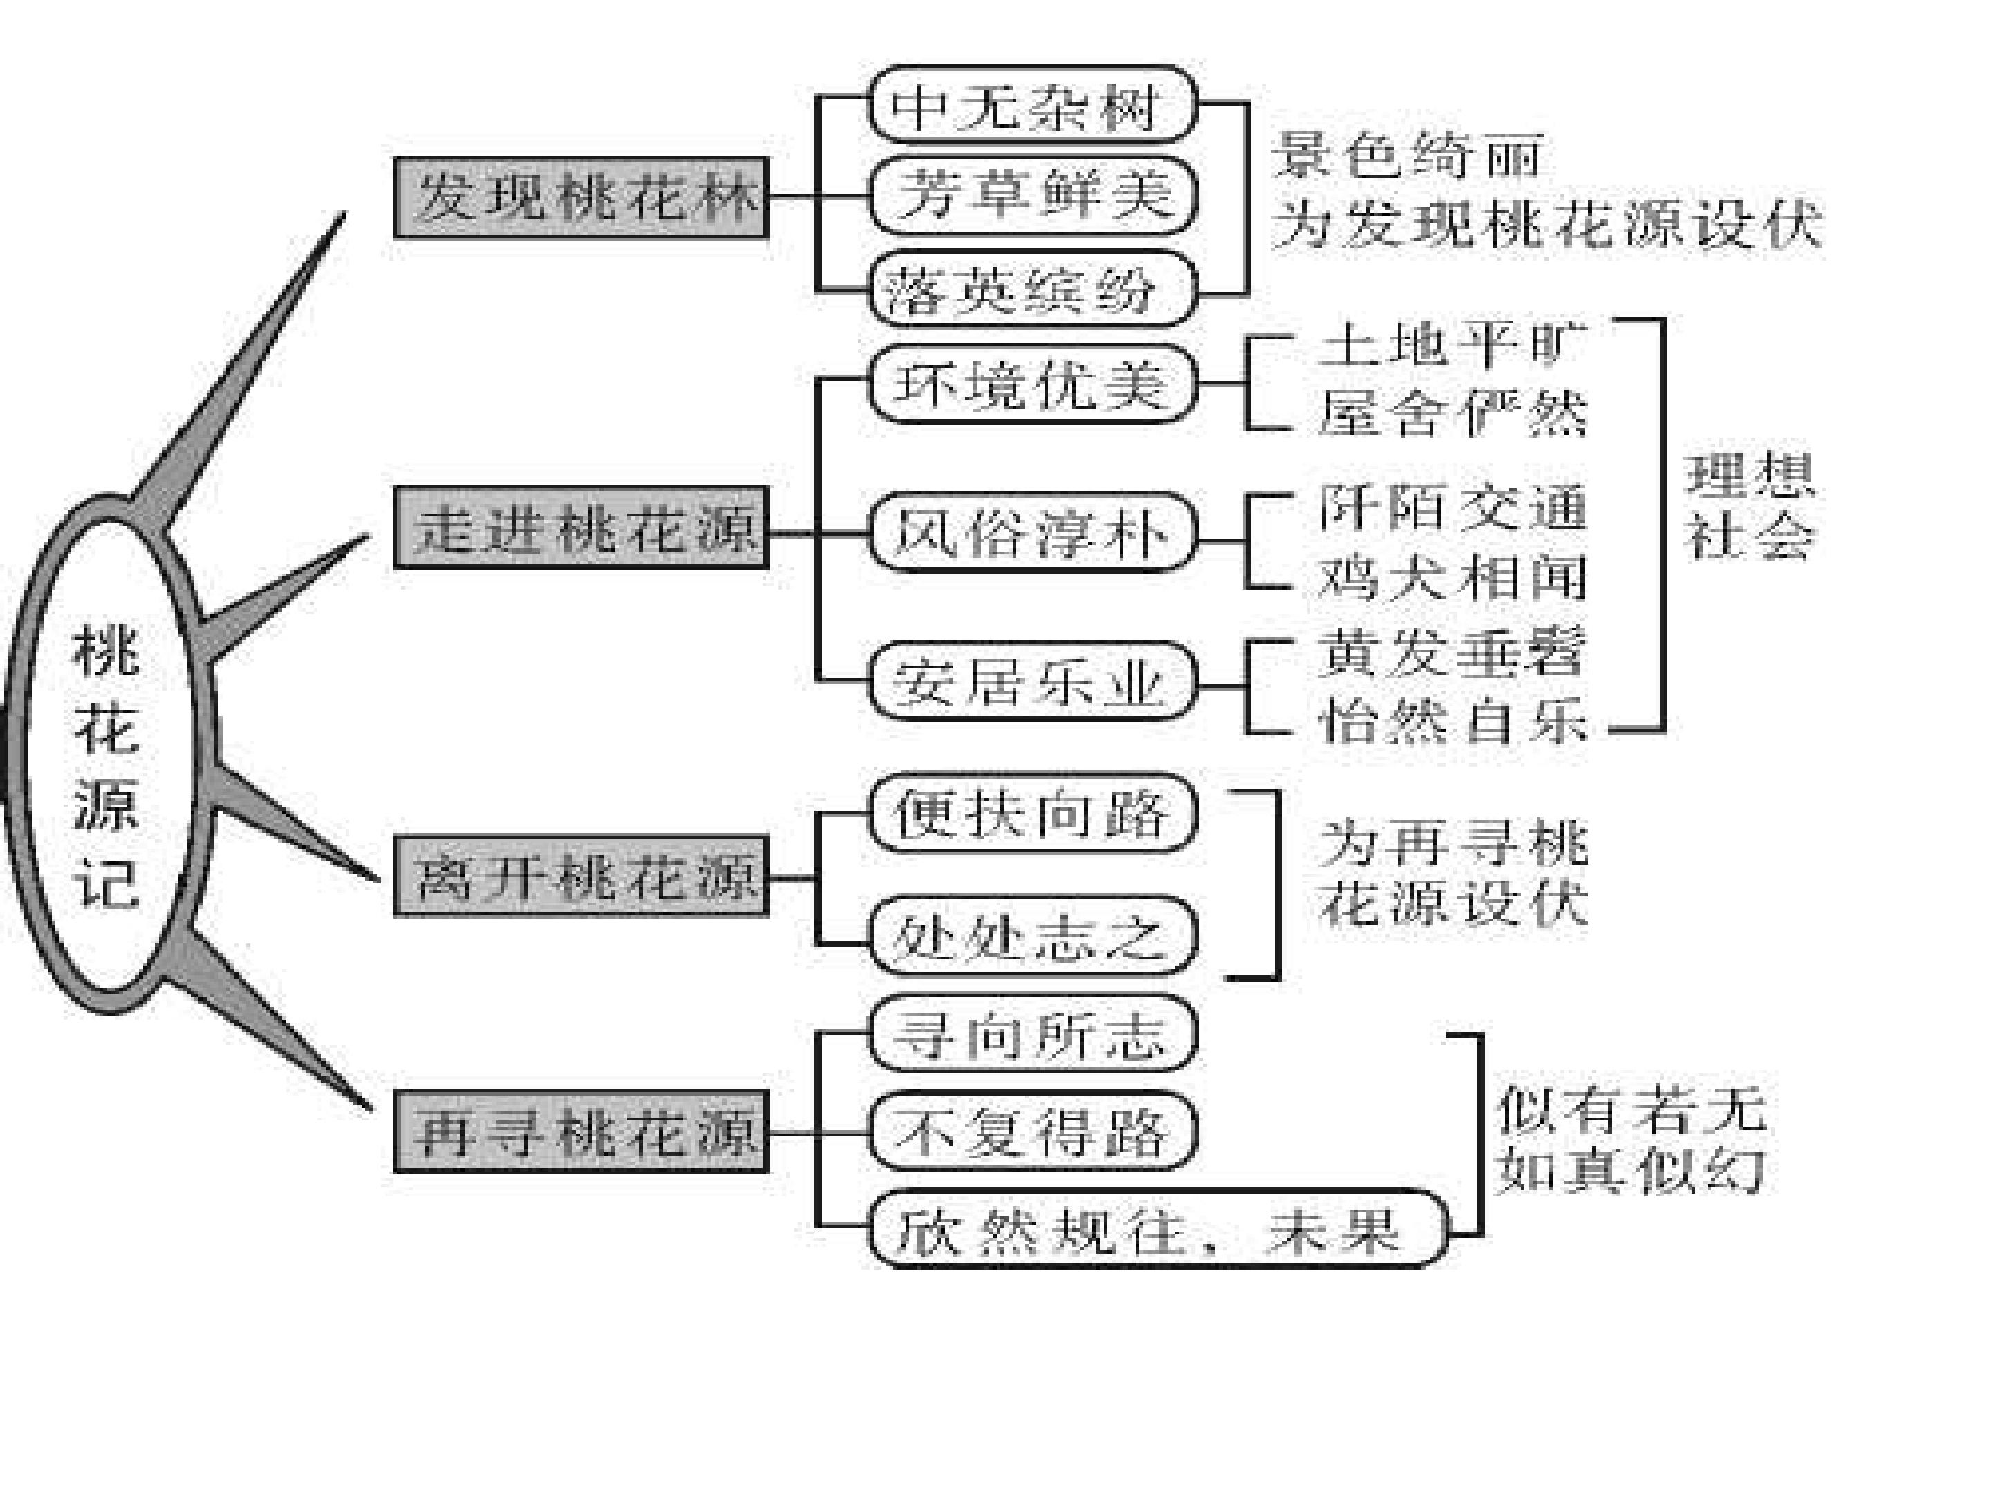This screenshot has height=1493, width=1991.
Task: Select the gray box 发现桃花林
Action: (x=581, y=198)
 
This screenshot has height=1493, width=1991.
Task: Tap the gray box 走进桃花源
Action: (x=581, y=528)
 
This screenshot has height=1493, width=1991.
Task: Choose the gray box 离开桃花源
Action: (x=581, y=876)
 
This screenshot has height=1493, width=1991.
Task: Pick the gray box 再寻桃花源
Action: (x=581, y=1132)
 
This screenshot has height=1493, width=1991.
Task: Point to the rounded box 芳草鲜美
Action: (x=1031, y=196)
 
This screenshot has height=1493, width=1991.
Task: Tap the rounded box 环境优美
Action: (x=1031, y=385)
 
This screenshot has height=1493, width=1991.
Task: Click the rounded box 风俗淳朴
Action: (x=1031, y=533)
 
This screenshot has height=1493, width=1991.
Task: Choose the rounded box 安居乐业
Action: (x=1031, y=682)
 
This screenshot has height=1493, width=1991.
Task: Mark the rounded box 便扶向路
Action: (x=1031, y=814)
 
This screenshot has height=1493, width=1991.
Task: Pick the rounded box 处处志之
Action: (x=1031, y=936)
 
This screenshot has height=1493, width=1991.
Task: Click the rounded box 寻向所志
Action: (x=1031, y=1034)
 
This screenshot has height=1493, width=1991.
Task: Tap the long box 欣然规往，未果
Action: (x=1157, y=1230)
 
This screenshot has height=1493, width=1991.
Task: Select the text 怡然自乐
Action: (x=1452, y=722)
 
